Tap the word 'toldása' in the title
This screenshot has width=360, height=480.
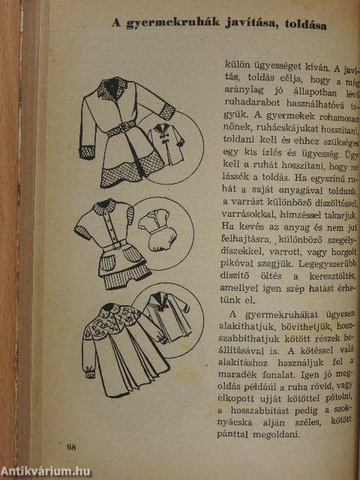[x=299, y=24]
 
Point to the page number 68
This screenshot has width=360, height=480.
[x=71, y=447]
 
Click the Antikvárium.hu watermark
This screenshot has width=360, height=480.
[x=46, y=470]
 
